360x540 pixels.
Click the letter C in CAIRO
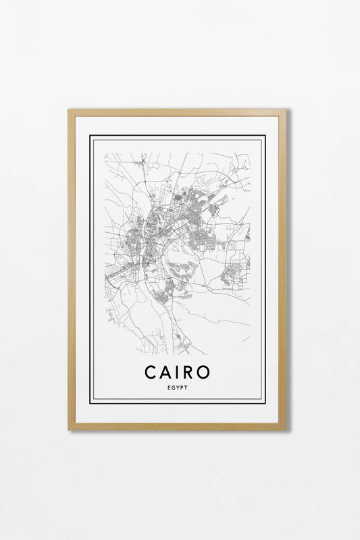tap(150, 373)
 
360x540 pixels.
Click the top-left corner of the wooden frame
tap(69, 110)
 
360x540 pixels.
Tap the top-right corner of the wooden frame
tap(286, 110)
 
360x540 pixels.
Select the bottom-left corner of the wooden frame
tap(69, 429)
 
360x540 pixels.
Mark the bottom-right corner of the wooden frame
tap(286, 429)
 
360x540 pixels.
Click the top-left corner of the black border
tap(91, 136)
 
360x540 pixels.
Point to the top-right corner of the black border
tap(265, 136)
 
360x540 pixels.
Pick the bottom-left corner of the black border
tap(91, 403)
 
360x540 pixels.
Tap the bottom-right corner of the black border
tap(265, 403)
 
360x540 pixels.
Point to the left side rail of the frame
tap(72, 270)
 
